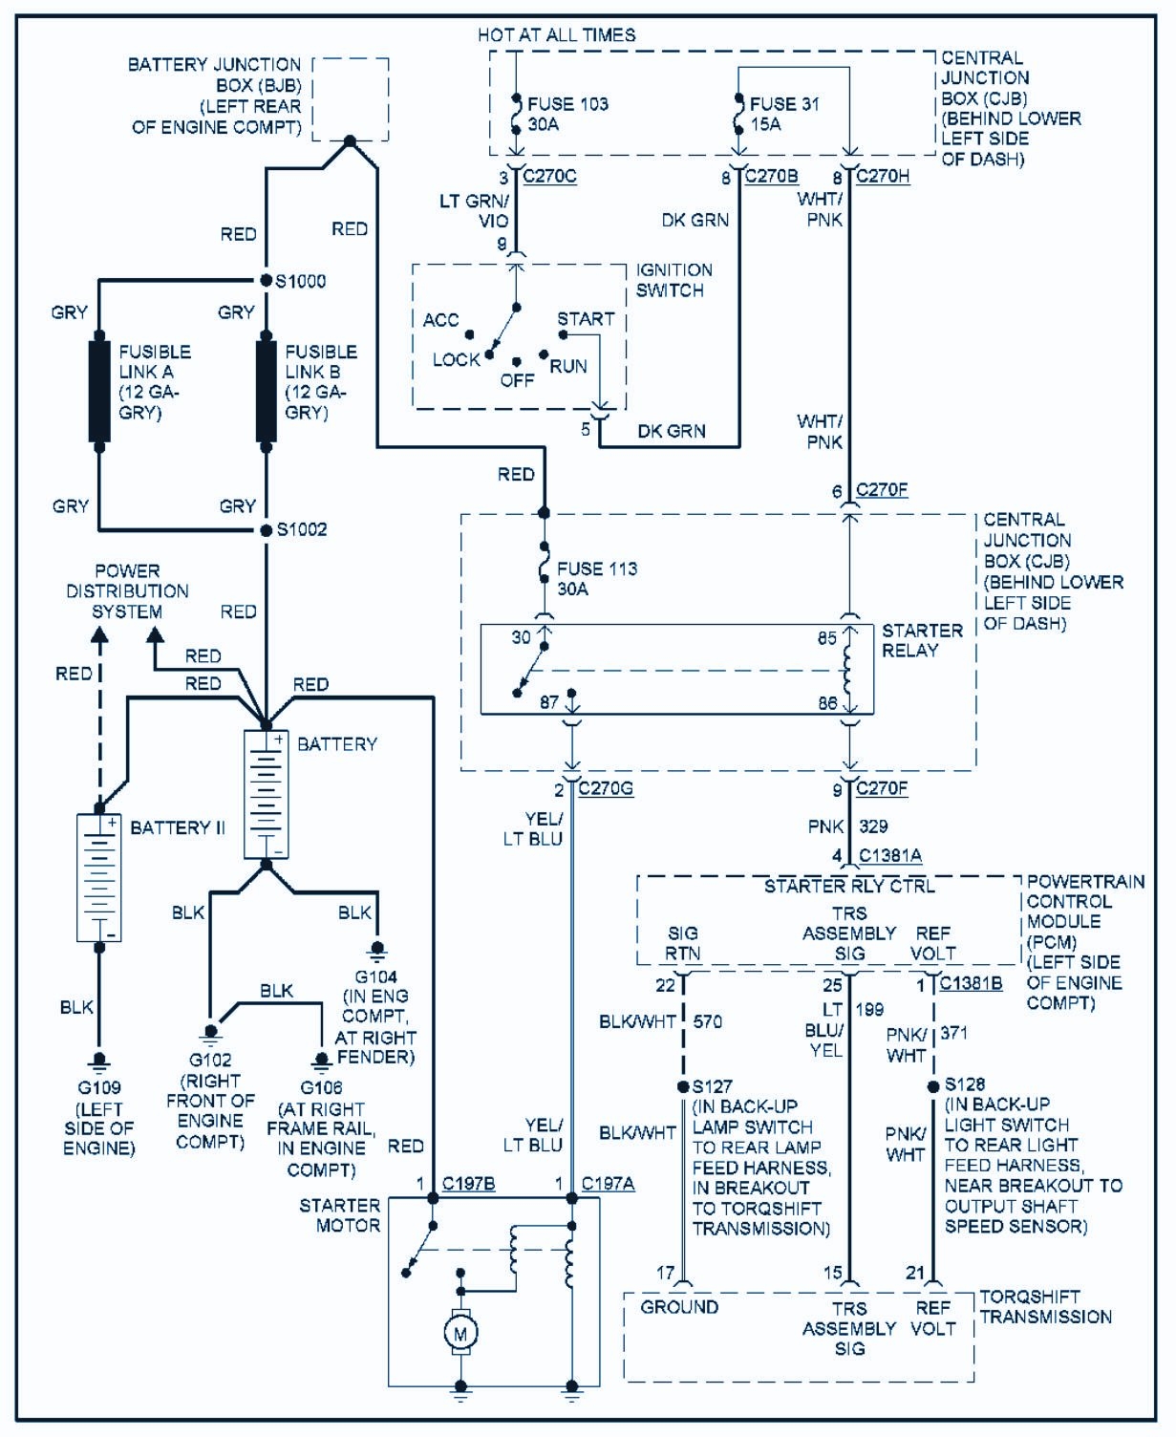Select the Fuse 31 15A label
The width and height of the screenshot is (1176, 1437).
(783, 114)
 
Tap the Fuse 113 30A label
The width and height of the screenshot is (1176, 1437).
(596, 579)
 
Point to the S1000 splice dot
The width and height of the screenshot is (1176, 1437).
(267, 281)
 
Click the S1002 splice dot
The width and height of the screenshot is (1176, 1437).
(267, 529)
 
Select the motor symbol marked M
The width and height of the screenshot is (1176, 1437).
(460, 1333)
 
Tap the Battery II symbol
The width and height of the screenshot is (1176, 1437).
(99, 877)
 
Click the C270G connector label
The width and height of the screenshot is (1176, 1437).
(606, 789)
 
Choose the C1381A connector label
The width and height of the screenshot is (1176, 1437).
(890, 856)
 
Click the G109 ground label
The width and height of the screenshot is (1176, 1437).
(98, 1087)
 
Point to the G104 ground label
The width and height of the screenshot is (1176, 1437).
(375, 976)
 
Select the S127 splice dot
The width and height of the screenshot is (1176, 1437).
(683, 1086)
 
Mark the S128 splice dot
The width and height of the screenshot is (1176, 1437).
(933, 1086)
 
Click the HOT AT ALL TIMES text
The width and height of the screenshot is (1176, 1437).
(556, 35)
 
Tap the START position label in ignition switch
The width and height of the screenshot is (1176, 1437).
(586, 319)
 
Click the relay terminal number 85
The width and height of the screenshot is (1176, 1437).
(827, 638)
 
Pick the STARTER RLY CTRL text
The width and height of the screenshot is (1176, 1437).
(849, 887)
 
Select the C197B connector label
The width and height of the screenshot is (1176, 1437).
(469, 1185)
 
